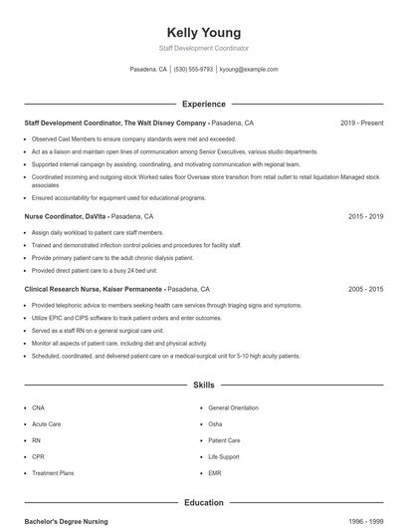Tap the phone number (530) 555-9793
point(193,70)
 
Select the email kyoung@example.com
point(249,70)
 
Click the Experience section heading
point(204,104)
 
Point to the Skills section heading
point(204,385)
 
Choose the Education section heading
point(204,503)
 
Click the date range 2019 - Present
point(361,123)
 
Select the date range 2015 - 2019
point(365,215)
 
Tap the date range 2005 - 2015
point(365,289)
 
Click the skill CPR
point(38,456)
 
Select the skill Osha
point(215,423)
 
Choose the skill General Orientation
point(233,407)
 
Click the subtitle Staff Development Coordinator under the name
point(204,48)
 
